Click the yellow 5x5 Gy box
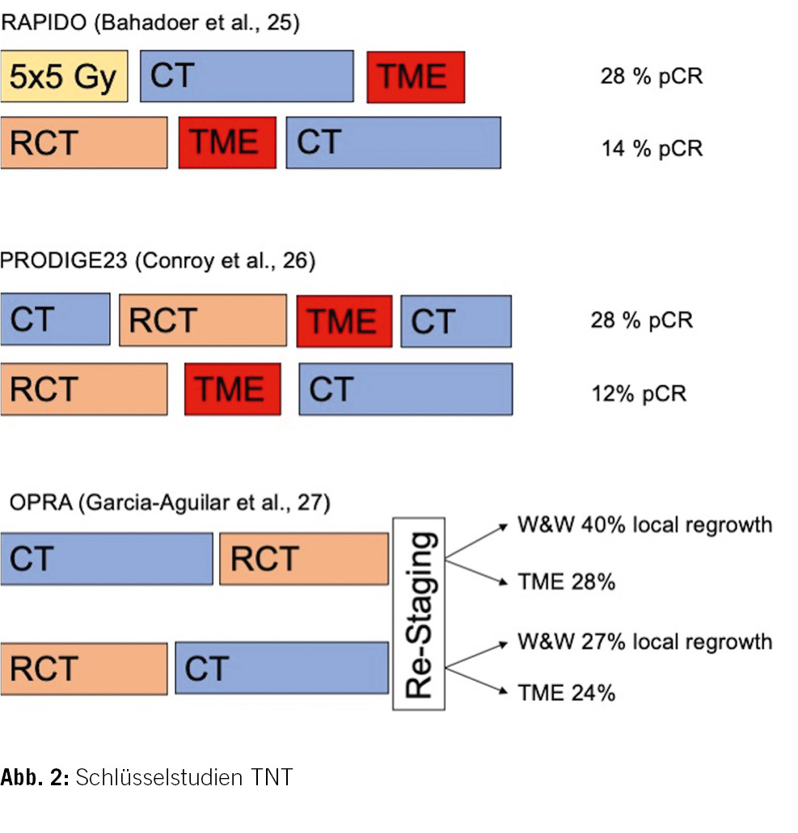tap(64, 76)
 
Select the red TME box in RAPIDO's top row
tap(416, 77)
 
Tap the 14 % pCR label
tap(652, 148)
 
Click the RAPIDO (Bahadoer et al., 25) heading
tap(150, 23)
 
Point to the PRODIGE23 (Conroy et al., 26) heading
tap(158, 260)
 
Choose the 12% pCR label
tap(639, 394)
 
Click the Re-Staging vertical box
tap(419, 614)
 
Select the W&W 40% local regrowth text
tap(644, 525)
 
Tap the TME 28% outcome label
tap(567, 581)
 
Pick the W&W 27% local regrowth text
tap(644, 642)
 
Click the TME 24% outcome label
tap(567, 693)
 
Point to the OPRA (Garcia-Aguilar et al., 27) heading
tap(170, 502)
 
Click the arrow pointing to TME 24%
tap(476, 680)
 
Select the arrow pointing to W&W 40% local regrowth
tap(476, 541)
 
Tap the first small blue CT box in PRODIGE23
tap(55, 319)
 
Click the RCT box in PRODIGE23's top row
tap(203, 320)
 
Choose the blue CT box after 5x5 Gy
tap(247, 76)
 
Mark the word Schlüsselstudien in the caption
tap(159, 777)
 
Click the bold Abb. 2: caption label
tap(35, 777)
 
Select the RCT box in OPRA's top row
tap(304, 559)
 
